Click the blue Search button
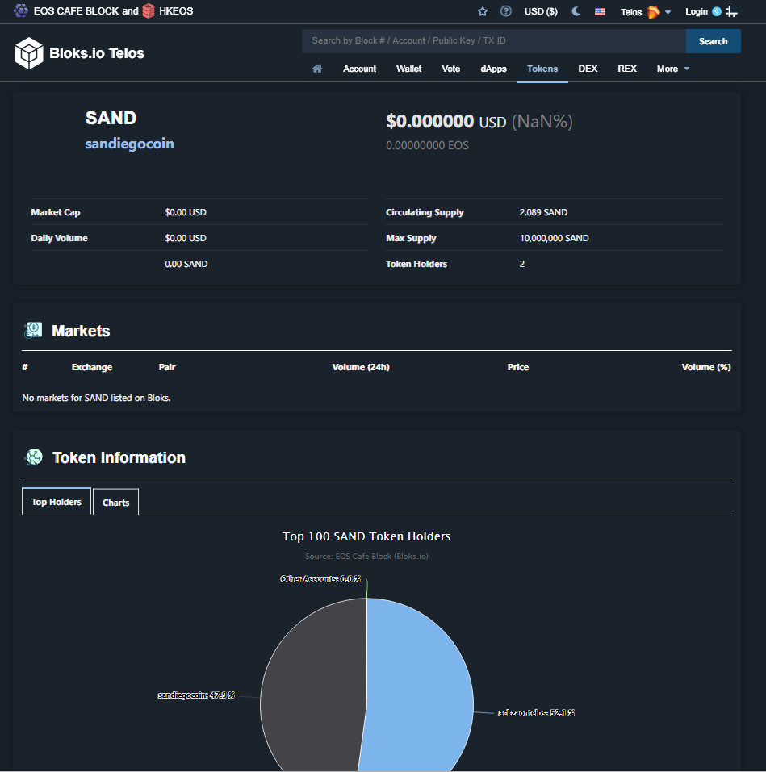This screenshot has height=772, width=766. pos(713,41)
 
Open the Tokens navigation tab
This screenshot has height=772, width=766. pos(542,69)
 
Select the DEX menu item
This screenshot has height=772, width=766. pos(588,69)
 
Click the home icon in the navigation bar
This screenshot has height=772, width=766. pos(317,69)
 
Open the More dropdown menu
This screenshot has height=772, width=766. pos(672,69)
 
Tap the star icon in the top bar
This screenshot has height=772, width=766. pos(482,11)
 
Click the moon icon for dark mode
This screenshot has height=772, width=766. pos(576,11)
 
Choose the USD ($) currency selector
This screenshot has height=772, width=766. pos(540,11)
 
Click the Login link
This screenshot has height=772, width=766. pos(696,11)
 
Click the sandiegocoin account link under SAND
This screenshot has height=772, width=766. pos(129,144)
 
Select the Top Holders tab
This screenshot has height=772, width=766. pos(57,502)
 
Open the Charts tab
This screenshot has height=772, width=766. pos(115,503)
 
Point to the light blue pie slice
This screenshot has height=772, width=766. pos(419,689)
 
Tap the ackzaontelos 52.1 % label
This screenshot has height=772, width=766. pos(536,712)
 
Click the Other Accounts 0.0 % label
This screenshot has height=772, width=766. pos(320,579)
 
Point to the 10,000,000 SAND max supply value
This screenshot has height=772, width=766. pos(555,238)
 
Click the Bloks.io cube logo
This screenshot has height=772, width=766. pos(28,52)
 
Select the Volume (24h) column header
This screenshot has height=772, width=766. pos(361,367)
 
